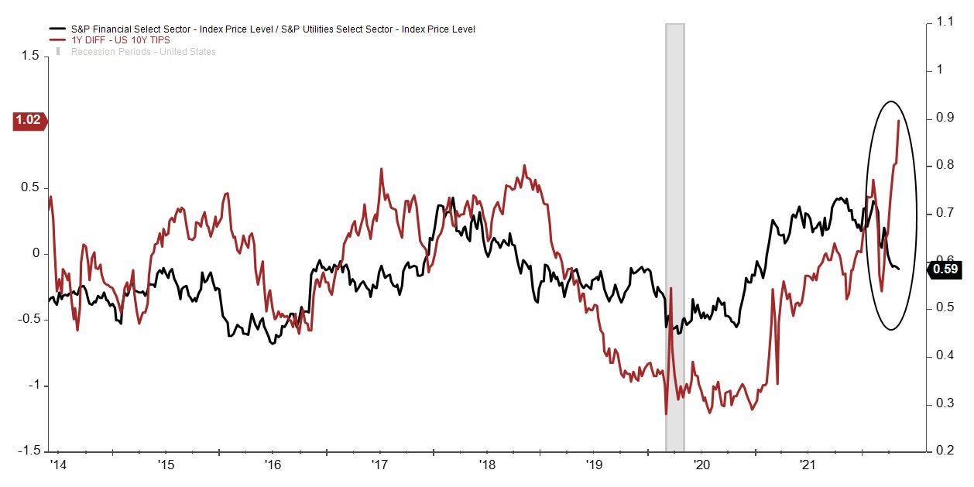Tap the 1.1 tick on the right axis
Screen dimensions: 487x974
click(x=945, y=22)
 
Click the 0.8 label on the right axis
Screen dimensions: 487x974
click(x=945, y=166)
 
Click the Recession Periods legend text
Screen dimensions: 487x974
click(x=143, y=52)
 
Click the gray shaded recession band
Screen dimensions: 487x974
click(x=674, y=232)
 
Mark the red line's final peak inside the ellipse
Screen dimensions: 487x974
click(x=898, y=121)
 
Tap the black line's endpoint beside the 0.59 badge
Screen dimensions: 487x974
click(x=899, y=269)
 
